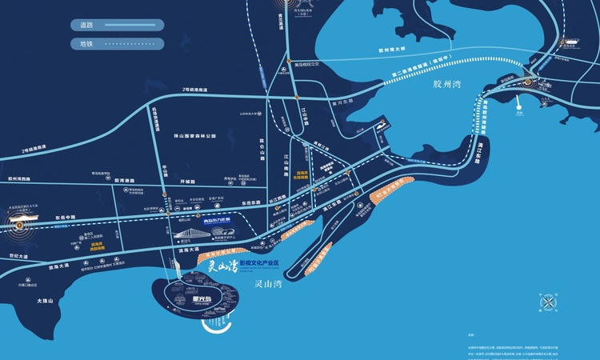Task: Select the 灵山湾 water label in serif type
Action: click(268, 284)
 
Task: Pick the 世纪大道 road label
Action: click(17, 256)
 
